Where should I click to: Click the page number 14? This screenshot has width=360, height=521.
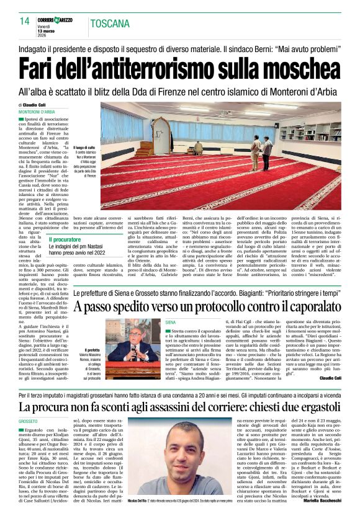[x=24, y=21]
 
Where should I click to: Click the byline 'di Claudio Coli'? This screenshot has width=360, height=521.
[x=34, y=105]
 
